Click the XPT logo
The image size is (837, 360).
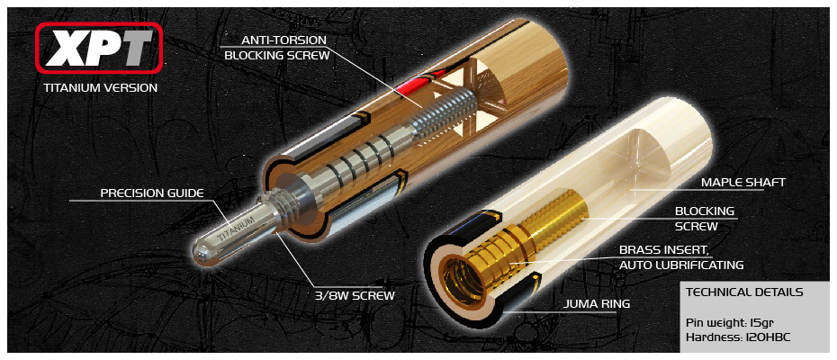click(x=99, y=47)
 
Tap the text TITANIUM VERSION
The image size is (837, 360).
click(x=101, y=87)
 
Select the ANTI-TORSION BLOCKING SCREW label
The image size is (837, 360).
click(x=277, y=48)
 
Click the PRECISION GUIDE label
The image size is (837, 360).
click(x=152, y=193)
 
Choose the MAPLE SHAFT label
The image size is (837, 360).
click(x=743, y=182)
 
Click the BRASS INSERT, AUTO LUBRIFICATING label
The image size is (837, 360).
click(x=681, y=256)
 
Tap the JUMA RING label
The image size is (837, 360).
click(x=598, y=304)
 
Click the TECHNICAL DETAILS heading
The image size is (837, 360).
click(x=744, y=292)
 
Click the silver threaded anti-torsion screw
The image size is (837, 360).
click(x=444, y=113)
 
